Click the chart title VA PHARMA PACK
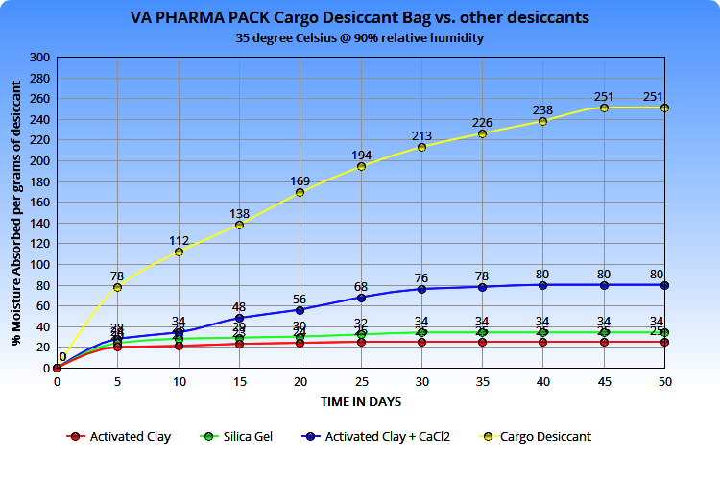pyautogui.click(x=360, y=18)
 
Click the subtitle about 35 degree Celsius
pyautogui.click(x=360, y=38)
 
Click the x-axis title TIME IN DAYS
pyautogui.click(x=361, y=401)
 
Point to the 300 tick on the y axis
pyautogui.click(x=39, y=57)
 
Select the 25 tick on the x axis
pyautogui.click(x=361, y=381)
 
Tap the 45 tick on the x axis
pyautogui.click(x=604, y=381)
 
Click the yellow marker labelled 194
pyautogui.click(x=361, y=166)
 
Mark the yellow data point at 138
pyautogui.click(x=239, y=225)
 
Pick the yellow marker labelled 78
pyautogui.click(x=117, y=287)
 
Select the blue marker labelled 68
pyautogui.click(x=361, y=298)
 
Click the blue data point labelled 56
pyautogui.click(x=300, y=310)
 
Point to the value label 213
pyautogui.click(x=421, y=135)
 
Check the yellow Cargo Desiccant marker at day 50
pyautogui.click(x=664, y=108)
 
